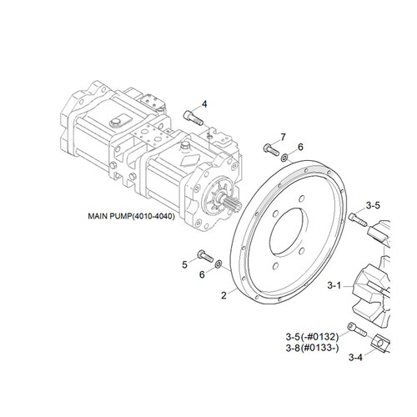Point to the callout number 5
pyautogui.click(x=184, y=264)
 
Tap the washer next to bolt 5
pyautogui.click(x=219, y=264)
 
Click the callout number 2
pyautogui.click(x=224, y=294)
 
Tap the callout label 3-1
pyautogui.click(x=334, y=285)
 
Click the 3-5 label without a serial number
pyautogui.click(x=373, y=204)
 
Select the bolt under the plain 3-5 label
pyautogui.click(x=359, y=219)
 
